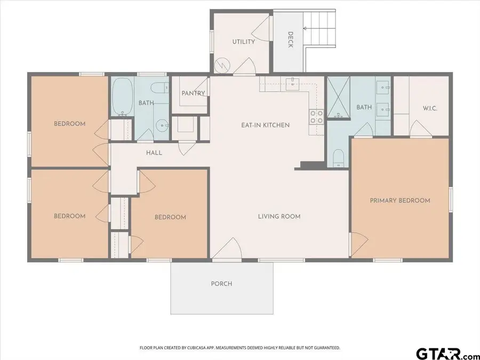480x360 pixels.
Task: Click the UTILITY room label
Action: (243, 42)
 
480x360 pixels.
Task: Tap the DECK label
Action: (290, 39)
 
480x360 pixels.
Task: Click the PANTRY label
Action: (193, 93)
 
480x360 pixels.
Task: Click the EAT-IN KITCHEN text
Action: (265, 125)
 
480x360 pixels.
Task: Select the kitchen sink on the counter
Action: (294, 83)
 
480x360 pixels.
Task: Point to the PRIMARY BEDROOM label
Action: (400, 201)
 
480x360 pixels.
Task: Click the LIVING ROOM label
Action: (279, 217)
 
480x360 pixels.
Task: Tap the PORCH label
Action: (221, 284)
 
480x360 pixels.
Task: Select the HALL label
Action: (154, 153)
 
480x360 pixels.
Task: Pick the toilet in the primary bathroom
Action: (338, 157)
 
